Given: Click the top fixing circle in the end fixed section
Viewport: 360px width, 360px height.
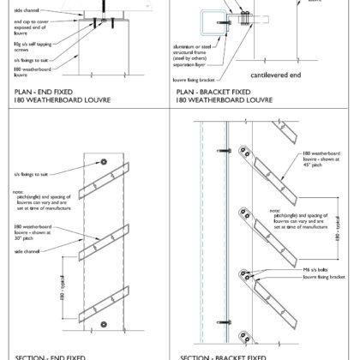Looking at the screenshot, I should coord(102,161).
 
